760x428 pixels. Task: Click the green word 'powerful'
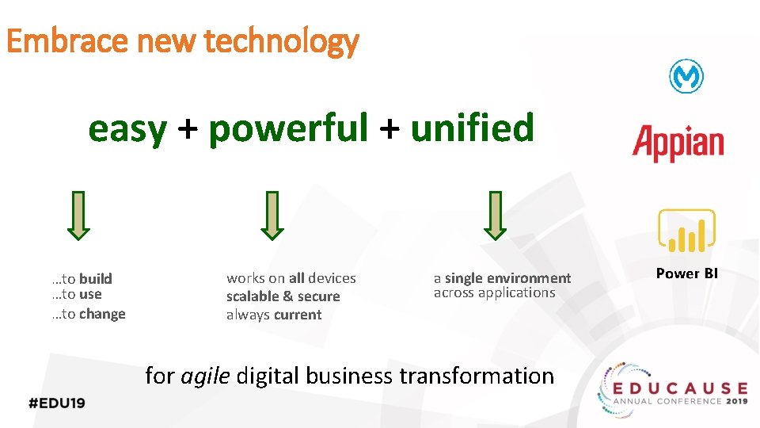coord(288,128)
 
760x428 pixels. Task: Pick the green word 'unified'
coord(473,128)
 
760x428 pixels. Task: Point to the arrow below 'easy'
coord(78,215)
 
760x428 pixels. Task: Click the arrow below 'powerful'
coord(272,215)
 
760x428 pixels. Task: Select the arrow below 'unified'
coord(495,215)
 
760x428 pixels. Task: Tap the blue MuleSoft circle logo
coord(686,77)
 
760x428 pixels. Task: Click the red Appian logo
coord(678,143)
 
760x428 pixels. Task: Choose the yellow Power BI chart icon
coord(686,231)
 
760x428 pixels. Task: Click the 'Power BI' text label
coord(686,273)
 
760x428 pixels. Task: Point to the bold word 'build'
coord(96,278)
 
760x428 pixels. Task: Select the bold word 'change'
coord(102,314)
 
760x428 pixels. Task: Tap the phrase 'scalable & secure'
coord(283,296)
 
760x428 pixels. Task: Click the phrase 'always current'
coord(274,315)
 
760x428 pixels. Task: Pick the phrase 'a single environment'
coord(502,278)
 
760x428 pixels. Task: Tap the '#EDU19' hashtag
coord(56,402)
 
